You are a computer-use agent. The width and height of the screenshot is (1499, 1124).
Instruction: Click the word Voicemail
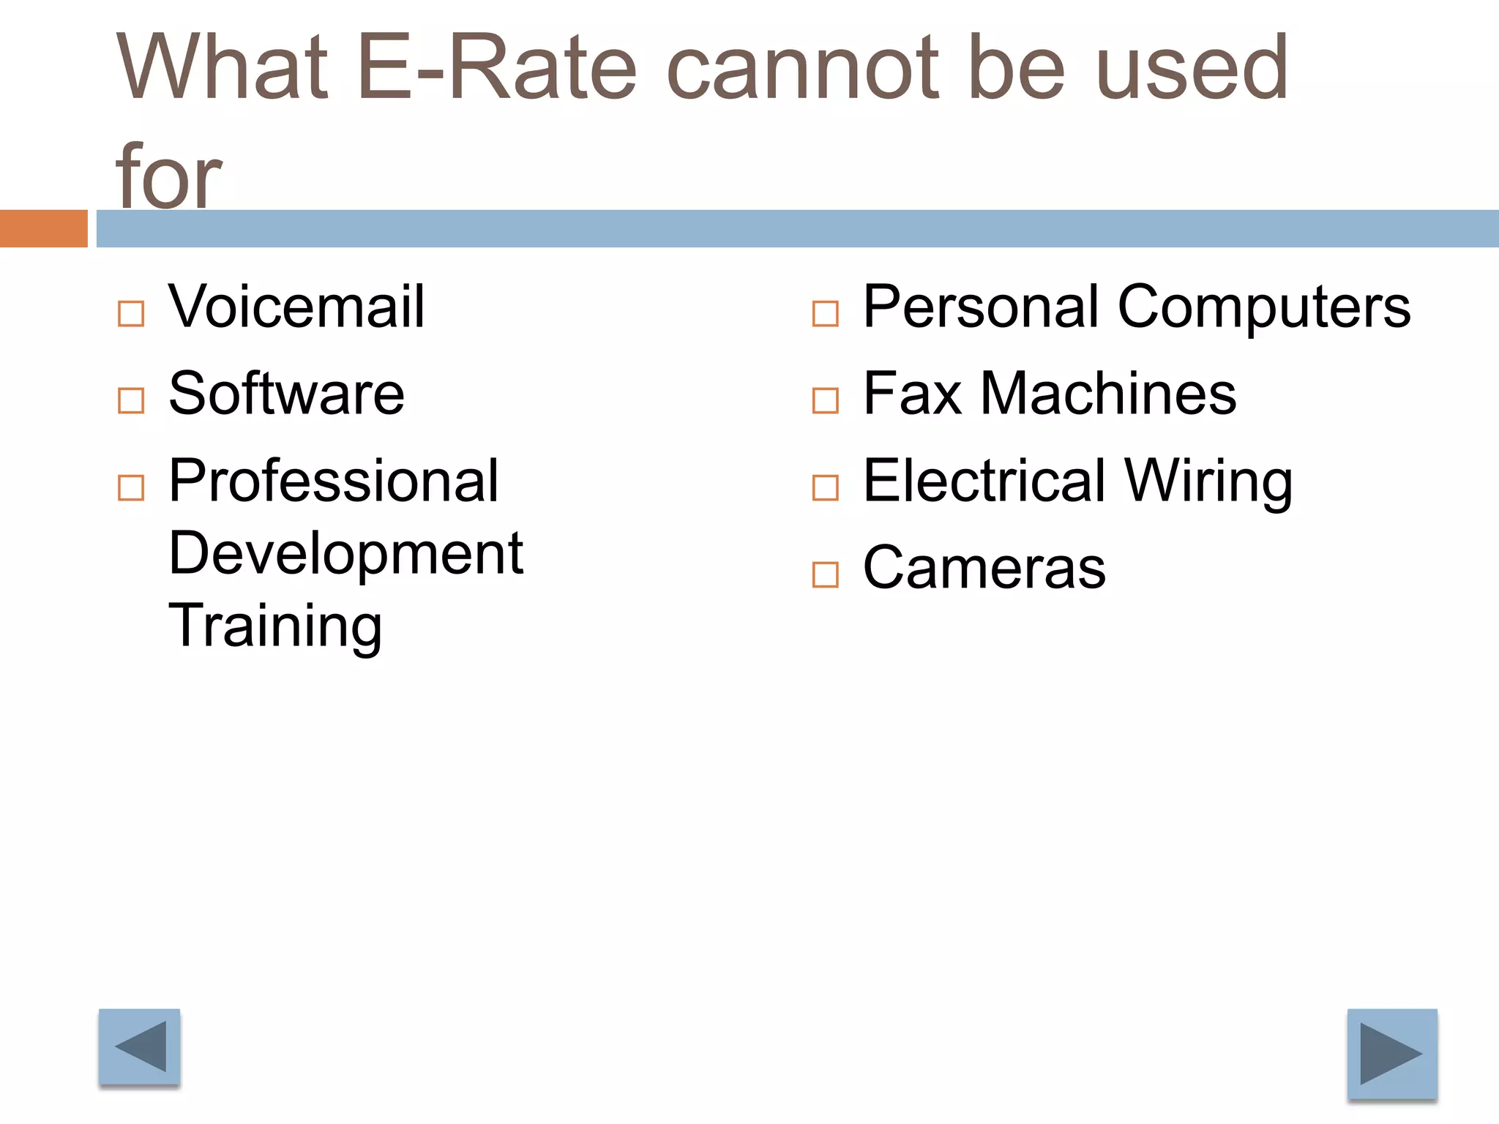click(296, 307)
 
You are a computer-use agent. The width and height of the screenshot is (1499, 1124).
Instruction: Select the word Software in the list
click(286, 394)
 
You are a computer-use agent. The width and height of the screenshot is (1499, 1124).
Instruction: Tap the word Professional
click(334, 481)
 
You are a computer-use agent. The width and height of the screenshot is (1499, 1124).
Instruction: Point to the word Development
click(345, 553)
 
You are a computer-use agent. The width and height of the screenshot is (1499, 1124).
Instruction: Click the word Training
click(275, 626)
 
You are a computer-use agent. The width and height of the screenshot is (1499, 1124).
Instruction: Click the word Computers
click(1264, 307)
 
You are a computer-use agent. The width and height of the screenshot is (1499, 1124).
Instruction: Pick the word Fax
click(912, 394)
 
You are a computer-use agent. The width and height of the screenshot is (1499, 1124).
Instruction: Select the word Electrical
click(984, 481)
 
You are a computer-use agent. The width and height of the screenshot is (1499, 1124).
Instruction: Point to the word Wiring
click(1208, 481)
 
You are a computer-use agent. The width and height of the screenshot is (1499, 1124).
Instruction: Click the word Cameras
click(984, 568)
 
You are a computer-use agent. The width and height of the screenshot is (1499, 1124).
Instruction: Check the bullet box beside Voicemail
click(131, 314)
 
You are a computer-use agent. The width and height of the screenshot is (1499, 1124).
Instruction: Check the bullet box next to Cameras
click(826, 575)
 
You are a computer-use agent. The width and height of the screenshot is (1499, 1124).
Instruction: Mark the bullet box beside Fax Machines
click(826, 401)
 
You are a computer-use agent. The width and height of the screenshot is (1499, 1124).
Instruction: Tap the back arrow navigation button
click(140, 1046)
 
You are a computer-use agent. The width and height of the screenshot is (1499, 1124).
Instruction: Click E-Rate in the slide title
click(497, 68)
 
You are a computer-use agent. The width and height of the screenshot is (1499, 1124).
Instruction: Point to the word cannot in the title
click(803, 68)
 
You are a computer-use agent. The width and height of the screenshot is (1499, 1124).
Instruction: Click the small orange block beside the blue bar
click(43, 228)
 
